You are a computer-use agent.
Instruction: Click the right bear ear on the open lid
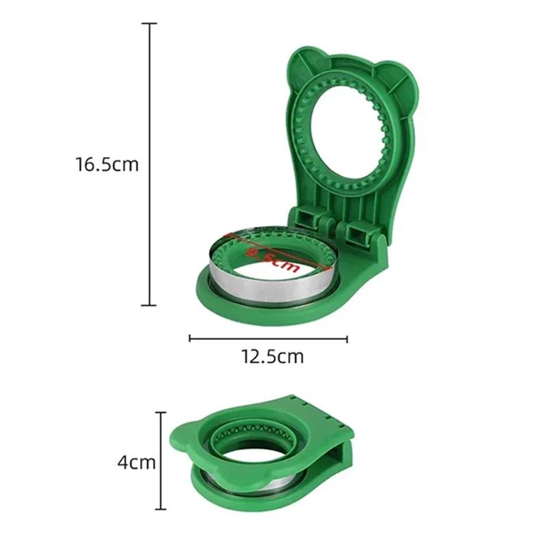click(394, 74)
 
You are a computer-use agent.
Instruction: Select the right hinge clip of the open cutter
click(360, 234)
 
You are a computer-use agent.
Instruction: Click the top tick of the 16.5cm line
click(149, 24)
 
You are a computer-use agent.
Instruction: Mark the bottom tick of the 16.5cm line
click(149, 304)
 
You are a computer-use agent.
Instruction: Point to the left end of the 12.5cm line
click(189, 336)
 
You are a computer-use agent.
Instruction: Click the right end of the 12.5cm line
click(347, 336)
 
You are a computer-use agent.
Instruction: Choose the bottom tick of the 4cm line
click(161, 509)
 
